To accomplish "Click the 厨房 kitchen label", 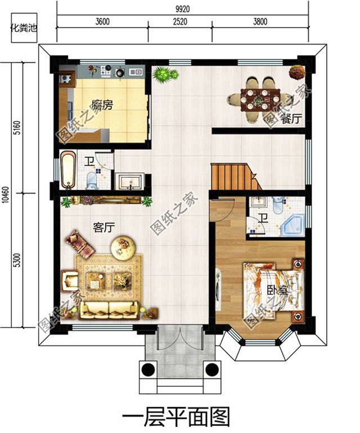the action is [x=102, y=105].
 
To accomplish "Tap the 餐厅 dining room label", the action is [x=291, y=119].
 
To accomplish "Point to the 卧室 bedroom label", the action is [x=277, y=291].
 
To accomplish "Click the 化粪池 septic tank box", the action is [x=24, y=28].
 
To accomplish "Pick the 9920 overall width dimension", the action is [x=183, y=9].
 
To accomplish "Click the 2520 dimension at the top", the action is [x=180, y=21].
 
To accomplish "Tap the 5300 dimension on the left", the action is [x=17, y=260].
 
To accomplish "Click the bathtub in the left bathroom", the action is [x=67, y=170].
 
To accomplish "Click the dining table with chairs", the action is [x=257, y=100].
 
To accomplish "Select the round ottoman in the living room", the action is [x=123, y=247].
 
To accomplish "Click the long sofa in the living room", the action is [x=109, y=311].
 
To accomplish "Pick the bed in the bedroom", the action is [x=273, y=290].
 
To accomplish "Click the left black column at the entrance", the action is [x=148, y=369].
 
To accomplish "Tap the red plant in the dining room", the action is [x=297, y=72].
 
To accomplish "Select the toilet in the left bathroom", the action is [x=92, y=180].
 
